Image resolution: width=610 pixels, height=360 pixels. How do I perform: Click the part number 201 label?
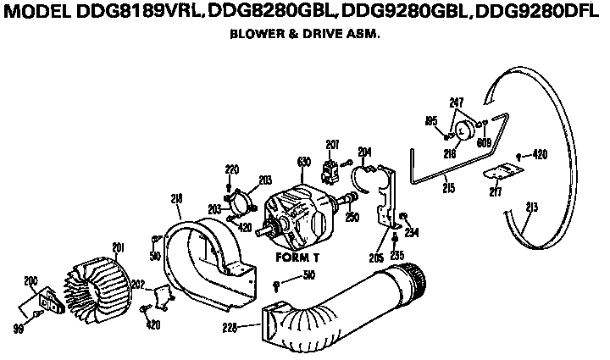click(118, 247)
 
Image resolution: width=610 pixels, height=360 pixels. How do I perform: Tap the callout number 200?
click(30, 280)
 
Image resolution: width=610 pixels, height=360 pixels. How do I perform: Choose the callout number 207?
click(332, 144)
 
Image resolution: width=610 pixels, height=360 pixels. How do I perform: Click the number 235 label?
click(396, 255)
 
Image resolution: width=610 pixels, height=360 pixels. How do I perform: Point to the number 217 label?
click(495, 192)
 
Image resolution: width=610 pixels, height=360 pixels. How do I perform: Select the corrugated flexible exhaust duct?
click(339, 305)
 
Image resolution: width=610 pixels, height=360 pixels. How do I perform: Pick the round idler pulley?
click(464, 131)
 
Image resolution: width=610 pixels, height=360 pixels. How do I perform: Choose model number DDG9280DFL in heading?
click(538, 14)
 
